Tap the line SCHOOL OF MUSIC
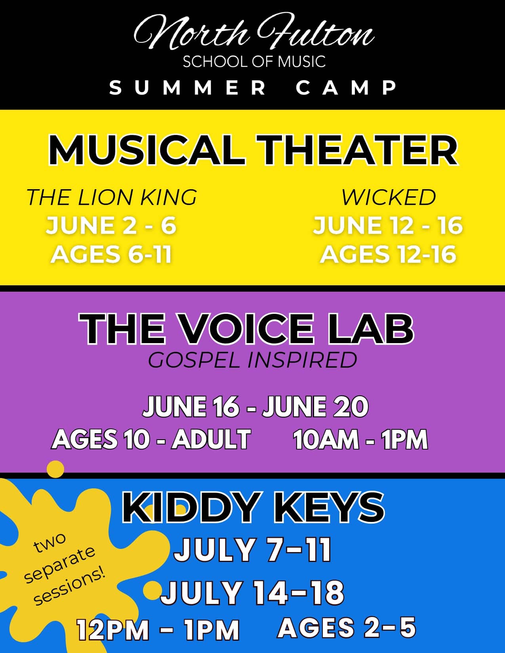click(254, 62)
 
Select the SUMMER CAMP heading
click(253, 88)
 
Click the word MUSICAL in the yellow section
click(147, 150)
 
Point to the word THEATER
click(357, 150)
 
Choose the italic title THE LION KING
click(112, 197)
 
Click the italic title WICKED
click(388, 197)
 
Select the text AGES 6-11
click(111, 254)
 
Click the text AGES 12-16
click(388, 254)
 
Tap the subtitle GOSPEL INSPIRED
click(252, 360)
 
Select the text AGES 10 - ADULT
click(151, 439)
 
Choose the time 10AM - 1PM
click(360, 439)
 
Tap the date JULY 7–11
click(253, 550)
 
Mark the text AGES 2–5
click(347, 627)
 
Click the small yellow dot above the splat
click(55, 469)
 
